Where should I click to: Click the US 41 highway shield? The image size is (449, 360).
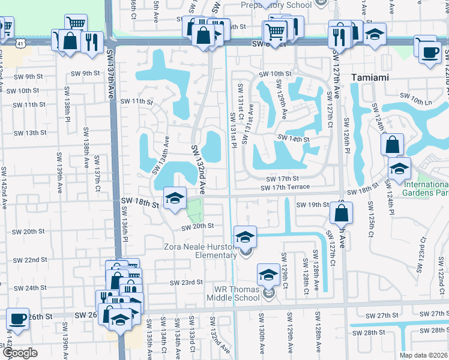(21, 44)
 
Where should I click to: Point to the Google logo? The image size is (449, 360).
(19, 353)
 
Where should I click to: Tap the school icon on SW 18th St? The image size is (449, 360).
(175, 198)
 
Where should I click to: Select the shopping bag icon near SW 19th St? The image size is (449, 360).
(341, 213)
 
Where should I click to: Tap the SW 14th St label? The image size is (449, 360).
(293, 139)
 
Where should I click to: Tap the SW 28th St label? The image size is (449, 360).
(373, 332)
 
